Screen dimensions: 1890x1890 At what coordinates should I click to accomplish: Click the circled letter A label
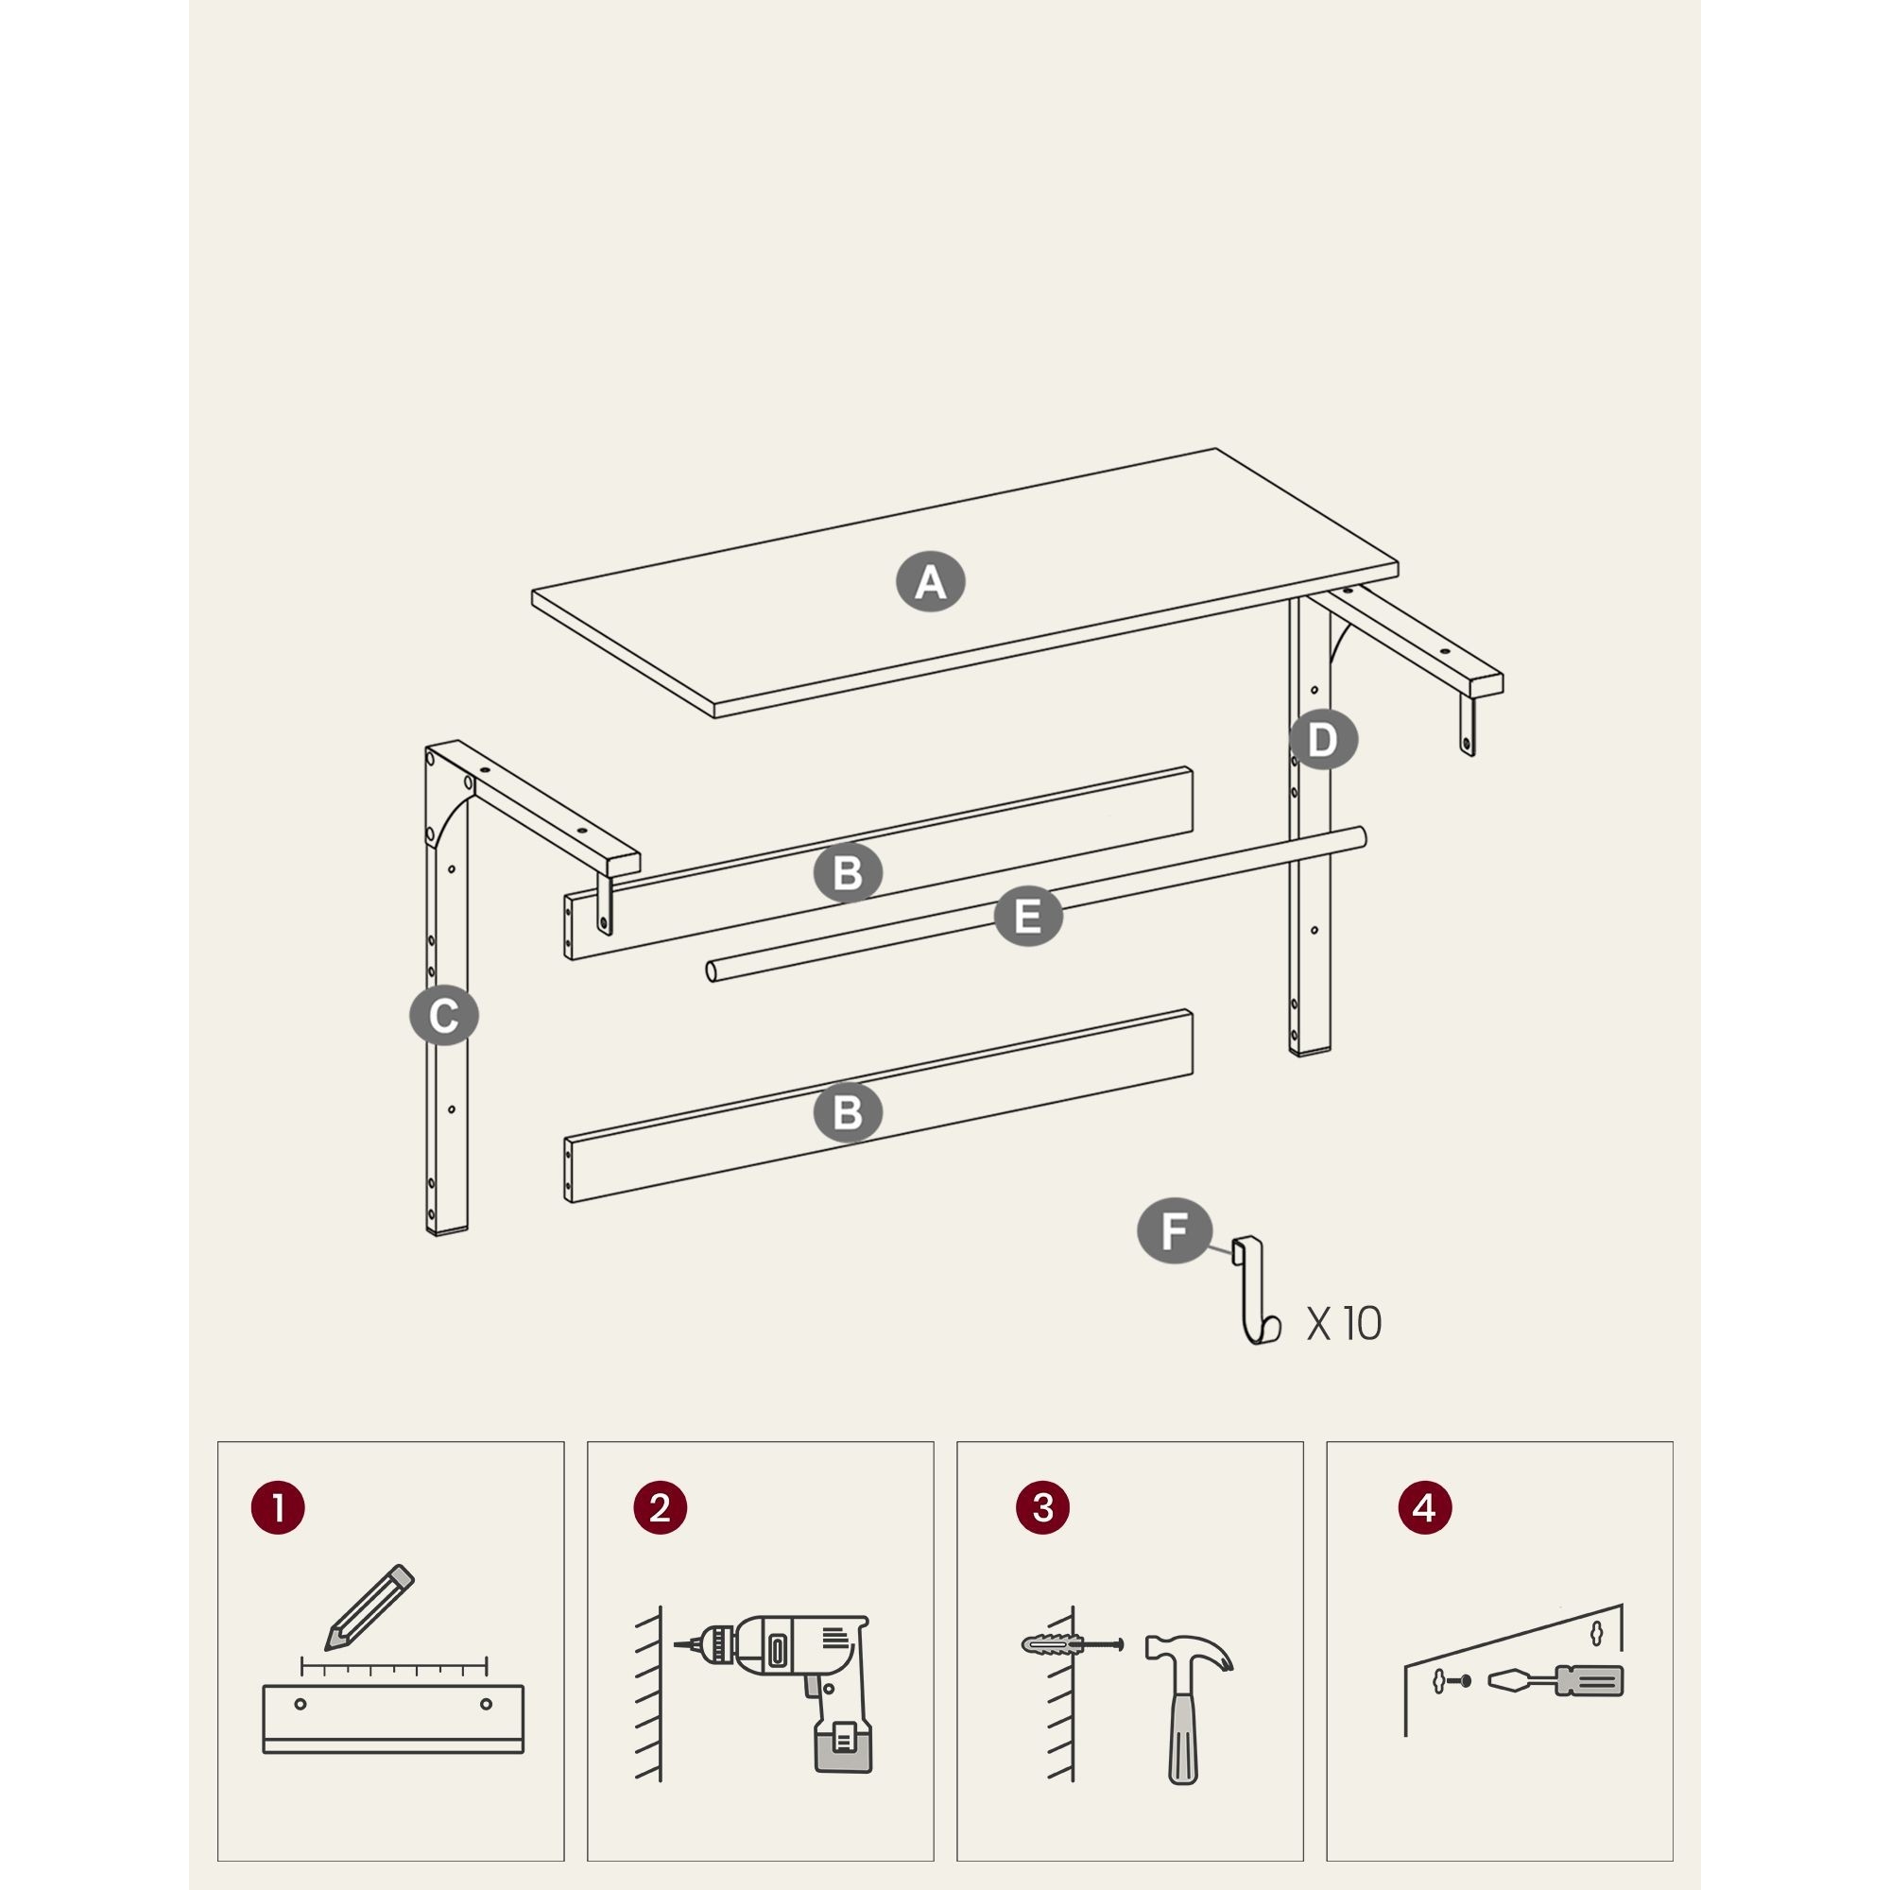pos(930,582)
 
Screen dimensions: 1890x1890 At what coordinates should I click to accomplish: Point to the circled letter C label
pos(444,1016)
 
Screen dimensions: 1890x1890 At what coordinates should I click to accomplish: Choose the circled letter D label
pos(1323,740)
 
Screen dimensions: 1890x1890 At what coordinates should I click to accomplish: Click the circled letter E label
pos(1028,917)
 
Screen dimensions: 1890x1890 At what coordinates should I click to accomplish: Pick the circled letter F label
pos(1175,1230)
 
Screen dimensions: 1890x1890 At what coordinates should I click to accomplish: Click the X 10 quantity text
pos(1344,1324)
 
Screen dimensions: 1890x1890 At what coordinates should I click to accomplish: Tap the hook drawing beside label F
pos(1255,1290)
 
